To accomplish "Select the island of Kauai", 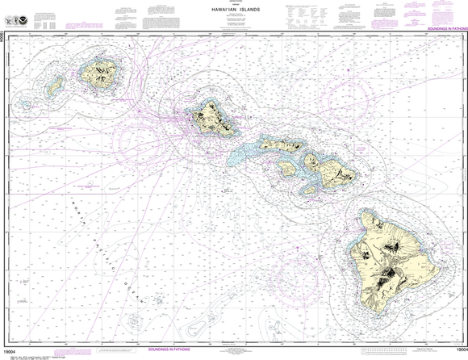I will click(x=101, y=74).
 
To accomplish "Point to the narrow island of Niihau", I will click(x=56, y=85).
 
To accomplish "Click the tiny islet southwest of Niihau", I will click(x=27, y=104).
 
